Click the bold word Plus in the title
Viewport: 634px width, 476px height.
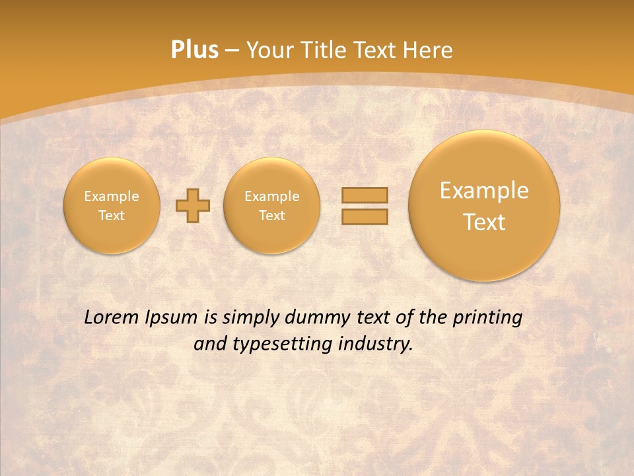point(194,50)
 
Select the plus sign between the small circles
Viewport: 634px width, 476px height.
point(193,206)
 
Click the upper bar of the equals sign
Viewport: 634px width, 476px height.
point(365,195)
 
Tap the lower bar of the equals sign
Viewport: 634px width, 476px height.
point(365,216)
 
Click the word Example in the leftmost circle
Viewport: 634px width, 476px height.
point(112,196)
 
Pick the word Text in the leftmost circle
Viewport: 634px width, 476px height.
point(112,216)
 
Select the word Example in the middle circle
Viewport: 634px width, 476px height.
point(272,196)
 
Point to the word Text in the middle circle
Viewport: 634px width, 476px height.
point(272,216)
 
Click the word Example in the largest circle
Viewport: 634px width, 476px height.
point(484,191)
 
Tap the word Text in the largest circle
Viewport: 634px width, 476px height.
point(484,222)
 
